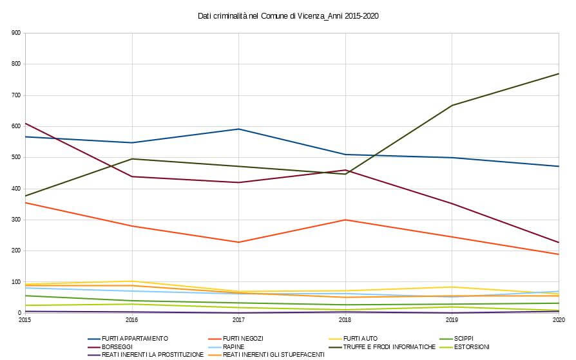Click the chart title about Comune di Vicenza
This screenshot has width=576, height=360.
coord(288,15)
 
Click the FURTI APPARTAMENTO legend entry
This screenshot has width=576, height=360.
coord(135,338)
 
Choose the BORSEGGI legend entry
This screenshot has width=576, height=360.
coord(117,346)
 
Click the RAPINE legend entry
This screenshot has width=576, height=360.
coord(233,346)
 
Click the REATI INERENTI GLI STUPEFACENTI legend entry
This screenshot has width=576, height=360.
coord(274,354)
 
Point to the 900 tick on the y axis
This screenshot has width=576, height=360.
coord(16,33)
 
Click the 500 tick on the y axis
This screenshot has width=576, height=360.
coord(16,158)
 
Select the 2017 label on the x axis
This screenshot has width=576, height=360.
coord(238,319)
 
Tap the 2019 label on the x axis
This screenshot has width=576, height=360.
coord(452,319)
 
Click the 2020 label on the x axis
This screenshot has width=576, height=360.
coord(558,319)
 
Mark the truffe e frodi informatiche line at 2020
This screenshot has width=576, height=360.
coord(559,73)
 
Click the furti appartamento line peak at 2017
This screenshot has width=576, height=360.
coord(238,129)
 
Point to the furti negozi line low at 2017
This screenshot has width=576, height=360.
coord(238,242)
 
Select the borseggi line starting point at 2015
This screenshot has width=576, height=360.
coord(25,123)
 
